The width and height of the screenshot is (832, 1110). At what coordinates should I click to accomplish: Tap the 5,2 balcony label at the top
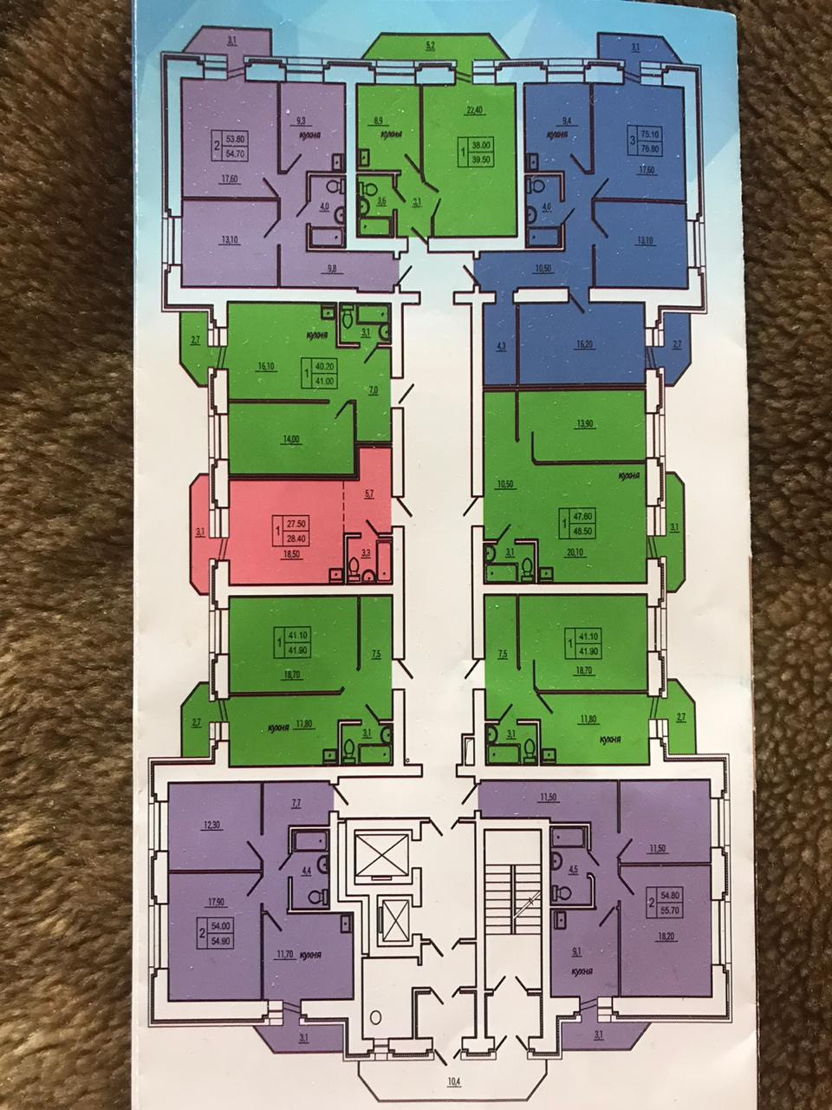430,45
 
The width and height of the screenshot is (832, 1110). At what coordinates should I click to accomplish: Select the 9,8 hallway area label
332,269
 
